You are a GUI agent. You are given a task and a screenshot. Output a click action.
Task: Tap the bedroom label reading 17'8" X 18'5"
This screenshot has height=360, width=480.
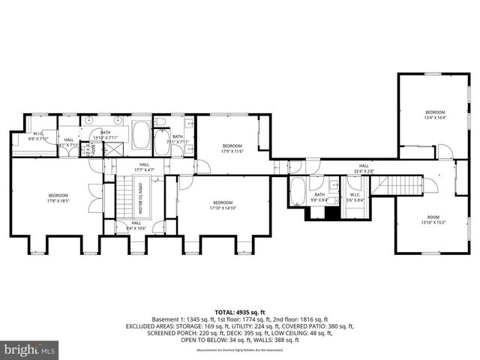[58, 198]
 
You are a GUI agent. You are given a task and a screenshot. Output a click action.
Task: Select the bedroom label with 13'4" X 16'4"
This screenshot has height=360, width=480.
[434, 115]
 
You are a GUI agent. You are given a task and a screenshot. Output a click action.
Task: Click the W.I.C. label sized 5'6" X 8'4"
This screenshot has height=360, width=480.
[355, 197]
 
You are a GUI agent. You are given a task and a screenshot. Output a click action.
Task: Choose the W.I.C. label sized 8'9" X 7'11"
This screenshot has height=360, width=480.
[37, 136]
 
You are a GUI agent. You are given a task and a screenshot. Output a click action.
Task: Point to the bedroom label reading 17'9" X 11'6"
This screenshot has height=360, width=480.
[232, 148]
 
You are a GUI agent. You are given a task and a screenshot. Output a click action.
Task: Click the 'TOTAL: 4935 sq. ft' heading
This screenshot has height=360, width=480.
[240, 310]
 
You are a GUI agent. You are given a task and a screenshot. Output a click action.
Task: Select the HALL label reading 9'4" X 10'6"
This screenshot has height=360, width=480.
[136, 224]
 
